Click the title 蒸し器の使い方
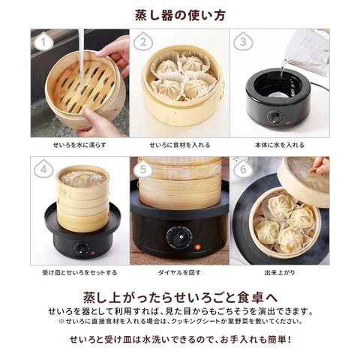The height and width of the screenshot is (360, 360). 180,15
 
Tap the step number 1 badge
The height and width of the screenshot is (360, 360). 43,41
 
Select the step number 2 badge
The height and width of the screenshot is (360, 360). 143,41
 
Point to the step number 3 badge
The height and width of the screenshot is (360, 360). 243,41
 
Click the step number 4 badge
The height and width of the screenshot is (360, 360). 43,169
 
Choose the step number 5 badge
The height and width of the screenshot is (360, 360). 143,169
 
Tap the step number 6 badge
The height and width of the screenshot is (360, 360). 243,169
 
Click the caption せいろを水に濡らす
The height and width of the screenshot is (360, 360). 79,145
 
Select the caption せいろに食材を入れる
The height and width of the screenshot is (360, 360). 180,145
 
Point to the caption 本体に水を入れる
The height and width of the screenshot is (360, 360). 280,145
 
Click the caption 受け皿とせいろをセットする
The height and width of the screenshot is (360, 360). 79,272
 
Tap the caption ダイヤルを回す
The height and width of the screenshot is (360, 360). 180,272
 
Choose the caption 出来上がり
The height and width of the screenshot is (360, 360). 280,272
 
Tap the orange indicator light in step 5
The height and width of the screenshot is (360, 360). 198,247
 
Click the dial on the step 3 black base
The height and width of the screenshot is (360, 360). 275,117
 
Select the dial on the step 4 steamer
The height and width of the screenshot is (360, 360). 80,248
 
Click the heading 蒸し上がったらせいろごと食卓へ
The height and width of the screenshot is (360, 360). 180,297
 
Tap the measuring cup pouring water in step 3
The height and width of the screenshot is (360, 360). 306,54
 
